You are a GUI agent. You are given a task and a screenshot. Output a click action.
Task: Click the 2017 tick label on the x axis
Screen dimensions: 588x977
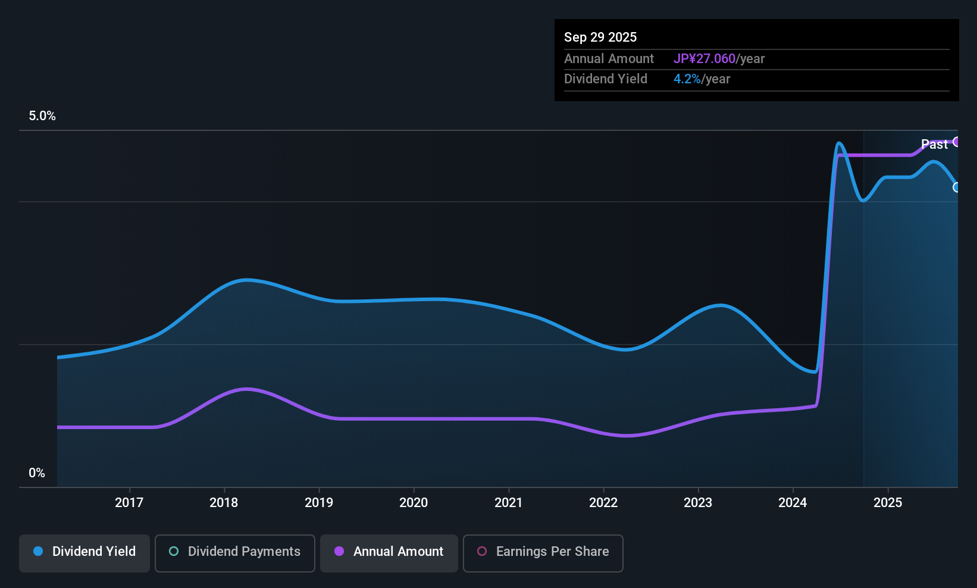pyautogui.click(x=129, y=502)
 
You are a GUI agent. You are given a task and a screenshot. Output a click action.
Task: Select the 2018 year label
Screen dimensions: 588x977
pyautogui.click(x=224, y=502)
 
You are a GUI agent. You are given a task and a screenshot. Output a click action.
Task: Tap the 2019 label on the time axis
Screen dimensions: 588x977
pyautogui.click(x=319, y=502)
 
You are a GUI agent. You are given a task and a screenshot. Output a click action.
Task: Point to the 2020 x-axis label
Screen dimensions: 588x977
pyautogui.click(x=414, y=502)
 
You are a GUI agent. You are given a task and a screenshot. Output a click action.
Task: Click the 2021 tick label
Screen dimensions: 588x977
pyautogui.click(x=508, y=502)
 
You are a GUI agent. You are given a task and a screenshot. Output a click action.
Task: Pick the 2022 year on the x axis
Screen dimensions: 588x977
pyautogui.click(x=603, y=502)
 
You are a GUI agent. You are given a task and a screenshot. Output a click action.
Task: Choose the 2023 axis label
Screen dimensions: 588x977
pyautogui.click(x=698, y=502)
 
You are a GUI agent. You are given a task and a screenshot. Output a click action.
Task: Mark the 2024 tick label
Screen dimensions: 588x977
pyautogui.click(x=793, y=502)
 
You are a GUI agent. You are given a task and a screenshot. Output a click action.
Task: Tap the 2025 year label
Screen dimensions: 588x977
pyautogui.click(x=888, y=502)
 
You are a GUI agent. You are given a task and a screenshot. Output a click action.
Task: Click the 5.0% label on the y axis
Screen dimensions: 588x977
pyautogui.click(x=42, y=116)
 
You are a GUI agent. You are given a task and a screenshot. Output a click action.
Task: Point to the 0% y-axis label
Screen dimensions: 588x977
pyautogui.click(x=37, y=473)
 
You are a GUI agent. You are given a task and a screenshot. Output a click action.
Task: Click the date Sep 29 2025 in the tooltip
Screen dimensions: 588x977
pyautogui.click(x=600, y=37)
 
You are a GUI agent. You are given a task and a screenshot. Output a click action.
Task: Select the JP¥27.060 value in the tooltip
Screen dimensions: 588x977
pyautogui.click(x=704, y=59)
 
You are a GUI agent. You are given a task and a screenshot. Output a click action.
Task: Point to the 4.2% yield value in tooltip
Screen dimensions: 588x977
pyautogui.click(x=687, y=79)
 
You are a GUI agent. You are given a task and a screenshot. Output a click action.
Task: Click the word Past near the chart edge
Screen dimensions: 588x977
pyautogui.click(x=934, y=144)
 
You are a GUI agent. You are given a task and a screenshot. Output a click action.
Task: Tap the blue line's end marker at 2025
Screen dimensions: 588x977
pyautogui.click(x=957, y=187)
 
